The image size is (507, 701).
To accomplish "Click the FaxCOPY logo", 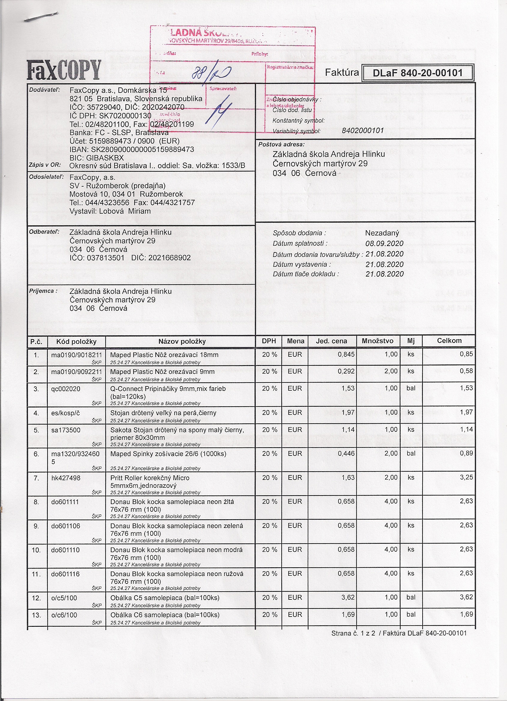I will click(64, 69).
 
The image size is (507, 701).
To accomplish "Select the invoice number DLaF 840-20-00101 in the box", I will click(417, 73).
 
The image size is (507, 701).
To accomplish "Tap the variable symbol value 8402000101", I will click(363, 131).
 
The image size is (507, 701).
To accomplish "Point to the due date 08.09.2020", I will click(384, 244).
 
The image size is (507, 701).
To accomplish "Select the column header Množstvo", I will click(378, 341).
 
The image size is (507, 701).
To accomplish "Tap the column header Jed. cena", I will click(331, 341).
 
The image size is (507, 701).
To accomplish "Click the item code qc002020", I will click(66, 389).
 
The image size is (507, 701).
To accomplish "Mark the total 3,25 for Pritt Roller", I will click(466, 477).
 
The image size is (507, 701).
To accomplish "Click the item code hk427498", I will click(66, 478).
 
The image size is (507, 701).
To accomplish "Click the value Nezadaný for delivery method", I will click(382, 233).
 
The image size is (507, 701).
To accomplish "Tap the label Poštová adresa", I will click(281, 144).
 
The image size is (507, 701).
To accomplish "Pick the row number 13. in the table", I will click(36, 615).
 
